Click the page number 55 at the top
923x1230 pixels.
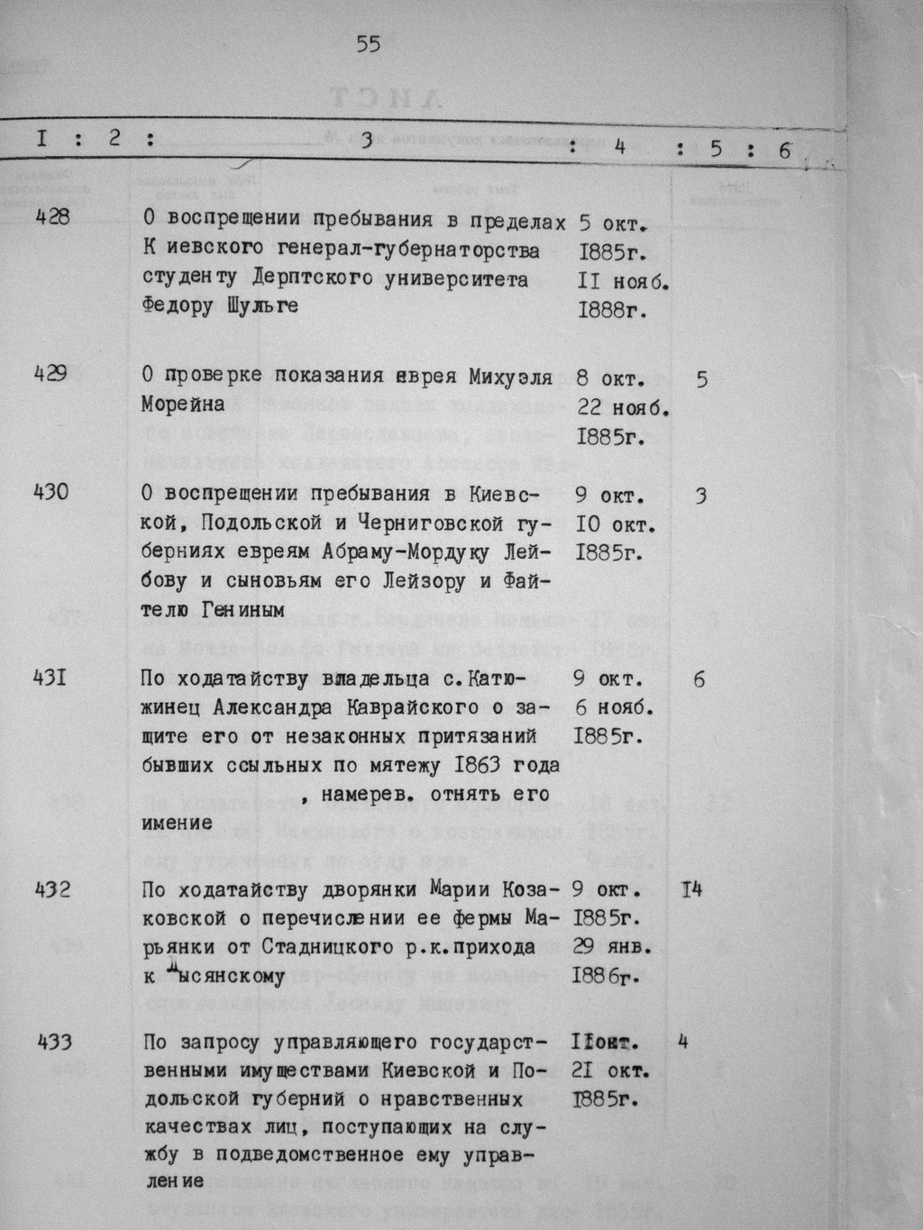pyautogui.click(x=369, y=44)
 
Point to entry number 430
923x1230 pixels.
pyautogui.click(x=50, y=493)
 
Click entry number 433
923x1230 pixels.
pyautogui.click(x=54, y=1043)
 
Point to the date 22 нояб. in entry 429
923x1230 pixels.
pyautogui.click(x=622, y=408)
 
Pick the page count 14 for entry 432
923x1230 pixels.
pyautogui.click(x=691, y=890)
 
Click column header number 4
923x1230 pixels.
pyautogui.click(x=618, y=147)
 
